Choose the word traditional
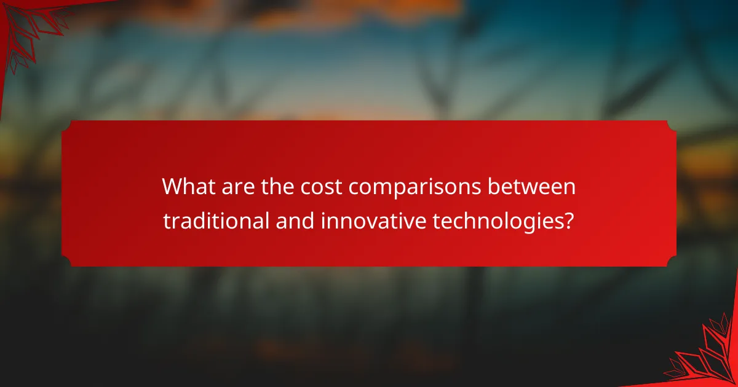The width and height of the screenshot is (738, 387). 216,220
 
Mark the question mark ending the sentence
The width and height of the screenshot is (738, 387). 569,220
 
